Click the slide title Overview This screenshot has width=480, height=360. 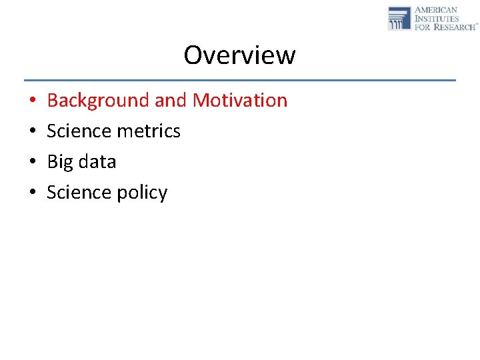tap(239, 55)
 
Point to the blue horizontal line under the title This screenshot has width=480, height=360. tap(239, 80)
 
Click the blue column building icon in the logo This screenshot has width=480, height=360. tap(399, 18)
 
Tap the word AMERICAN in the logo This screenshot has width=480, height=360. tap(436, 10)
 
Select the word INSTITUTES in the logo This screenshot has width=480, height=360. tap(437, 19)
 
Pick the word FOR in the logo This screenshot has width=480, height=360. tap(423, 27)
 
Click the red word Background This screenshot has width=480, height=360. tap(98, 101)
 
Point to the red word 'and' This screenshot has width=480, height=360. tap(171, 101)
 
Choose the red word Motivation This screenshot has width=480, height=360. tap(240, 101)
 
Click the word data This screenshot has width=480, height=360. tap(97, 162)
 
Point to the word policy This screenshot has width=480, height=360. tap(143, 193)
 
